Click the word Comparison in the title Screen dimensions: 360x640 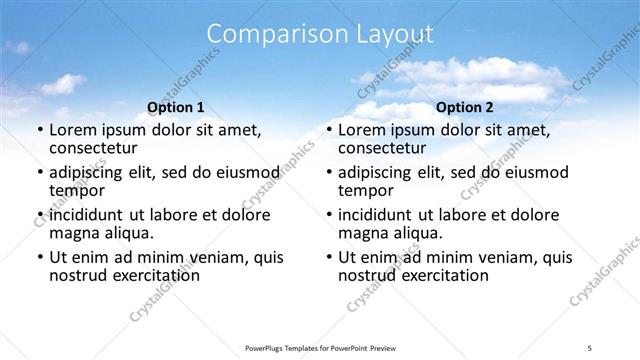(x=269, y=35)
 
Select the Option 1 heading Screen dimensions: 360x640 (x=176, y=107)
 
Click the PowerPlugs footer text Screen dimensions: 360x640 (x=320, y=348)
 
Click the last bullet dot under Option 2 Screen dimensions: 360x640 (x=328, y=258)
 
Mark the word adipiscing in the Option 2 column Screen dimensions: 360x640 (x=381, y=173)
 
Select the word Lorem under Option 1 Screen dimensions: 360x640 (x=71, y=130)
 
